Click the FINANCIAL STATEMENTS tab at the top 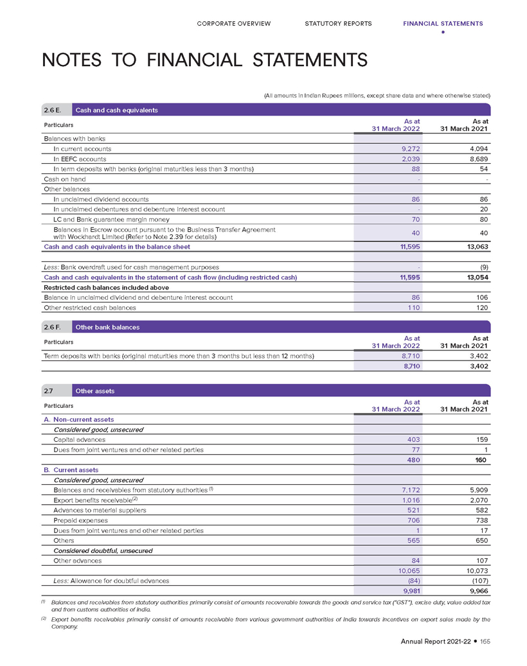point(443,24)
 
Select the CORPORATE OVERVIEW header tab point(233,24)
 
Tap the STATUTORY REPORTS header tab point(338,24)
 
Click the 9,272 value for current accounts point(409,148)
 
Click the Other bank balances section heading point(107,327)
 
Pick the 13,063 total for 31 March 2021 point(475,247)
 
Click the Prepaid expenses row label point(81,520)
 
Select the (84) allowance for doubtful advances point(411,581)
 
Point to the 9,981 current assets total point(409,592)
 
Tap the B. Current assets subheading point(71,470)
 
